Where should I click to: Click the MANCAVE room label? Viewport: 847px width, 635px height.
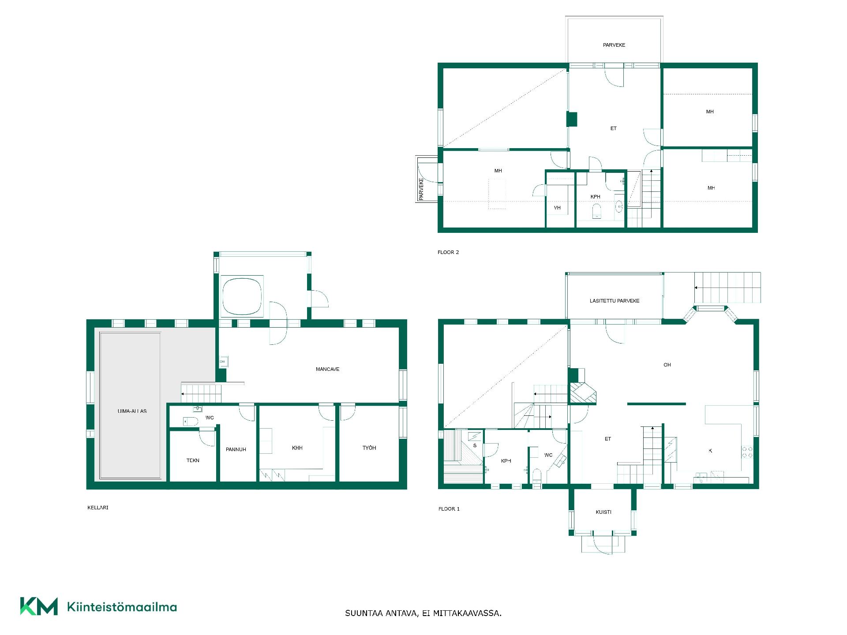click(x=327, y=369)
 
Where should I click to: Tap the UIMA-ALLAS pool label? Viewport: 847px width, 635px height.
click(x=132, y=411)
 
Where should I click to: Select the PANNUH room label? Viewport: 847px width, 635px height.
click(x=236, y=449)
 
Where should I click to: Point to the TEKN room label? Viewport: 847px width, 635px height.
click(x=193, y=460)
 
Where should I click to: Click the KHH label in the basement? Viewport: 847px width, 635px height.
click(x=297, y=448)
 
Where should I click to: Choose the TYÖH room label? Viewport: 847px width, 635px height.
click(x=369, y=448)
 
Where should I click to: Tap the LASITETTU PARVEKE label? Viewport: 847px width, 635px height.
click(x=615, y=301)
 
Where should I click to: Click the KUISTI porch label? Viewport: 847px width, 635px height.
click(x=603, y=512)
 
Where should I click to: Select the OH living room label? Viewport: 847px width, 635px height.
click(x=667, y=365)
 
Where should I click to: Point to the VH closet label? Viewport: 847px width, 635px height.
click(x=557, y=208)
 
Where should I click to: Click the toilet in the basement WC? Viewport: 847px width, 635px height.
click(x=191, y=421)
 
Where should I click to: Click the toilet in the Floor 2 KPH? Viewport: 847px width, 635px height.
click(x=596, y=211)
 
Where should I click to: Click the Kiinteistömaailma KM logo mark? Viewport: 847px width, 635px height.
click(x=39, y=606)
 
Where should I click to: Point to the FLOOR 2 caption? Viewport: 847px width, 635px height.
click(x=448, y=252)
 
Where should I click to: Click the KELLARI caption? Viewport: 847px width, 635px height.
click(x=98, y=508)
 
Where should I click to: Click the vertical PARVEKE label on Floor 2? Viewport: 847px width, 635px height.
click(x=421, y=189)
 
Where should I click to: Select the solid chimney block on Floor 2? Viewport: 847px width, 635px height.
click(x=572, y=120)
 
